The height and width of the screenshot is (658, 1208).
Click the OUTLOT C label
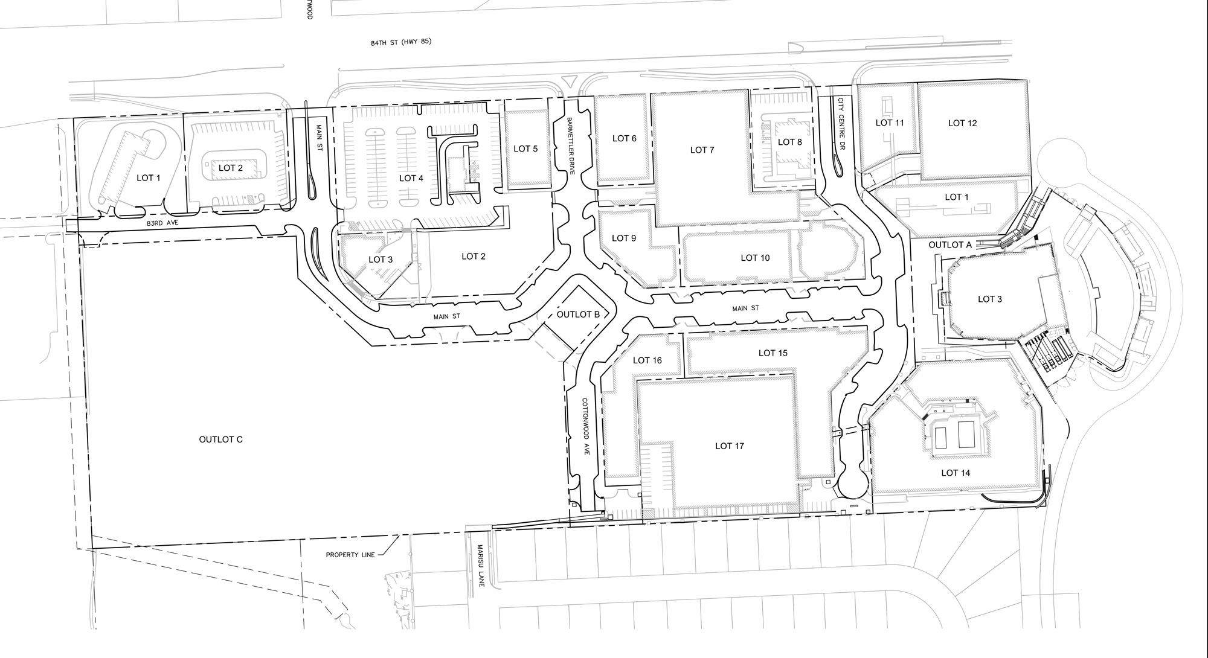220,439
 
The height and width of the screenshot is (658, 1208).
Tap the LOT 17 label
730,446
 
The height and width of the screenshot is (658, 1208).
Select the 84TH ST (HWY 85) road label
401,43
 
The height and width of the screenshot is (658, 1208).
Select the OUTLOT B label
578,315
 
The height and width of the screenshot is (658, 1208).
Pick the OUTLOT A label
950,244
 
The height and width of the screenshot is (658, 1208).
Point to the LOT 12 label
962,123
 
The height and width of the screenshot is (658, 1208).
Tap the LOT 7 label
702,150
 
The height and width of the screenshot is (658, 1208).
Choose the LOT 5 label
525,149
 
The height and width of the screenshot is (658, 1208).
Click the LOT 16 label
647,360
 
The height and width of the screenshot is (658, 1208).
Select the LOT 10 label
755,258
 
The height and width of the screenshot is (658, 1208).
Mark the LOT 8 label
790,142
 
